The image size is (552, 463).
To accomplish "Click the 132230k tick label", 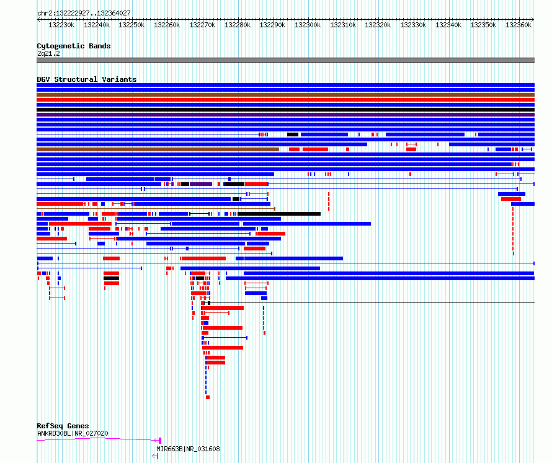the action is (x=61, y=25).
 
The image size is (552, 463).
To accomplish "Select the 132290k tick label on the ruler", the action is (x=272, y=25).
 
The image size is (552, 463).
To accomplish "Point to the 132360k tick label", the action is (x=519, y=25).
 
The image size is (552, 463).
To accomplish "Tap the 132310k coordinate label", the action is (x=342, y=25).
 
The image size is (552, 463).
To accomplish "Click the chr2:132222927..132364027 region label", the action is (x=84, y=13).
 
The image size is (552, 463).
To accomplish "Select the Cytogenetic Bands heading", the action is (x=74, y=46).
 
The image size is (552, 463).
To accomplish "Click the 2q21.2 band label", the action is (x=48, y=53).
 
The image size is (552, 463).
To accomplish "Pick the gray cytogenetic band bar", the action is (x=285, y=60).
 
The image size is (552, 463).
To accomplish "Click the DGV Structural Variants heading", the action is (x=87, y=79).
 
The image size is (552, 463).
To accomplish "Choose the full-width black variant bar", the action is (x=285, y=110).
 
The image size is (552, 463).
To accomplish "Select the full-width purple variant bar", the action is (x=285, y=115).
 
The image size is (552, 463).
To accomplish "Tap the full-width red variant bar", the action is (x=285, y=100).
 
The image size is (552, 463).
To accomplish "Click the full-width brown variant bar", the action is (x=285, y=95).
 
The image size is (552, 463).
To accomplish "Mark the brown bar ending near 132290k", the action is (x=158, y=149).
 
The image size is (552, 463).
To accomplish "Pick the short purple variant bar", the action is (x=201, y=184).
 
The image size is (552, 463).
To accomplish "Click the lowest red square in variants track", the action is (x=208, y=397).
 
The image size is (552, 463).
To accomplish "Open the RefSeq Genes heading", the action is (x=63, y=426).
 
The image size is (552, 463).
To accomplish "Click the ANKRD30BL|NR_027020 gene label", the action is (x=73, y=433).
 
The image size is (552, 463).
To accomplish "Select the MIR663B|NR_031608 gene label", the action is (x=188, y=449).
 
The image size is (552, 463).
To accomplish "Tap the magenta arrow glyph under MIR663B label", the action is (x=155, y=456).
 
